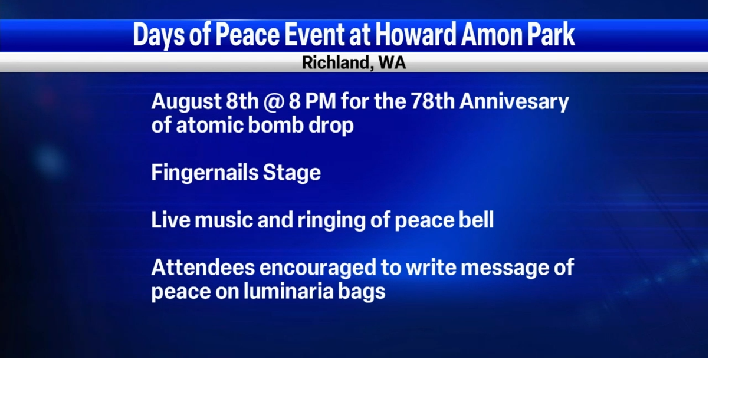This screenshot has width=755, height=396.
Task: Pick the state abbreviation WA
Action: (x=392, y=62)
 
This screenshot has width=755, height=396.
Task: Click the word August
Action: (x=186, y=102)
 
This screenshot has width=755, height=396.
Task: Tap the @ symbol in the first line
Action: (x=273, y=102)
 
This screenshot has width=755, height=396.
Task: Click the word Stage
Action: (x=291, y=173)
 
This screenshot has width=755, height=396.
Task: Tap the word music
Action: (x=222, y=220)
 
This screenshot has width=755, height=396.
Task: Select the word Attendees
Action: (x=202, y=268)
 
